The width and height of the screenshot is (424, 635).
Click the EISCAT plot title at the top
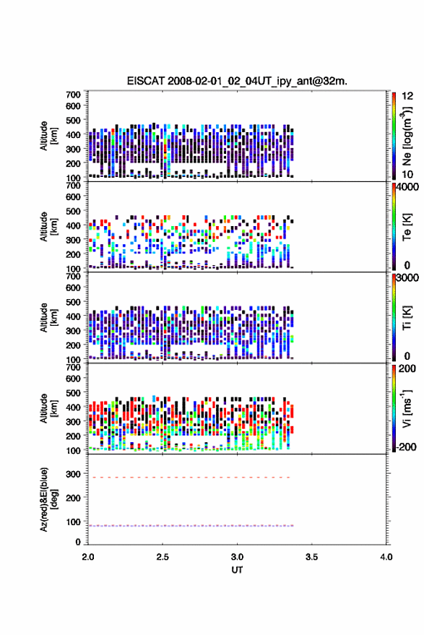click(237, 81)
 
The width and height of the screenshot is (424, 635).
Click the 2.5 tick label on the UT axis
click(163, 557)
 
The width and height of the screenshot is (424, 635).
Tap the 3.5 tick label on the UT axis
click(311, 557)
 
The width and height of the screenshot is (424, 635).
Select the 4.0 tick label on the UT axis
click(386, 557)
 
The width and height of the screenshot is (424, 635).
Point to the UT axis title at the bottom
click(237, 570)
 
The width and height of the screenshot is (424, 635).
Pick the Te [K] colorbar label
click(407, 227)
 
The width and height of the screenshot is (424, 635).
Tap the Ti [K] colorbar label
click(407, 318)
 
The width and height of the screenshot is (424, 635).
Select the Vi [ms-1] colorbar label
click(407, 408)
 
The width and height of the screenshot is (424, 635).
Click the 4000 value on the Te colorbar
click(407, 188)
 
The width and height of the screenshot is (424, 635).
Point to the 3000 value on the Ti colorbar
click(407, 278)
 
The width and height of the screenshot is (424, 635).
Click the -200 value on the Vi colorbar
click(406, 446)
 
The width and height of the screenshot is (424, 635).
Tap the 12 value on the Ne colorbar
click(407, 96)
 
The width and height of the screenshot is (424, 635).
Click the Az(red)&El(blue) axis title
click(48, 499)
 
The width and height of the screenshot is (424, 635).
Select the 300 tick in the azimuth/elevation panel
click(73, 474)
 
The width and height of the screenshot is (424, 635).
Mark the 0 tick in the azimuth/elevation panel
click(78, 542)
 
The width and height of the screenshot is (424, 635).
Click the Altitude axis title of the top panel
click(48, 136)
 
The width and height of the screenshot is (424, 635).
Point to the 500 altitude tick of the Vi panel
click(73, 393)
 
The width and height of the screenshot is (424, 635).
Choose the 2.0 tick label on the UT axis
click(88, 557)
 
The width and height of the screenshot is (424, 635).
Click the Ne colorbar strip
click(394, 136)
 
